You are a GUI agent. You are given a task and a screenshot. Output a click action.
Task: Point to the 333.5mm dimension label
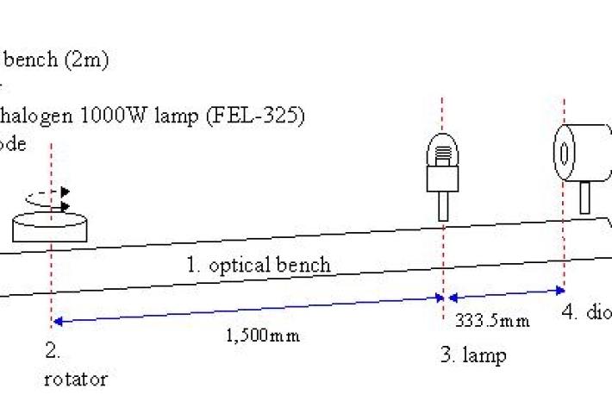(x=491, y=322)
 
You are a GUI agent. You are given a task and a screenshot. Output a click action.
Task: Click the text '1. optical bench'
(x=259, y=265)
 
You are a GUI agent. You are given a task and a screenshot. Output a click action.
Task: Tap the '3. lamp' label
(x=473, y=355)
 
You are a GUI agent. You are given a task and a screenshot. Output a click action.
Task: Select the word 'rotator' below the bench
(x=75, y=379)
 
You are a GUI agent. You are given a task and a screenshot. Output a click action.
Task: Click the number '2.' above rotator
(x=52, y=352)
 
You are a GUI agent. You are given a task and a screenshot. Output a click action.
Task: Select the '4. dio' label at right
(x=585, y=312)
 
